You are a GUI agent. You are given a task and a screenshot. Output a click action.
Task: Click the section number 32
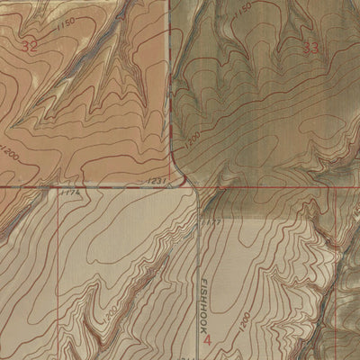tap(30, 47)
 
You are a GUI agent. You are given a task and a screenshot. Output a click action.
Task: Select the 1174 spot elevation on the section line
tap(69, 192)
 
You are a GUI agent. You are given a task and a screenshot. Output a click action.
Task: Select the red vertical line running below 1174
tap(59, 270)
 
